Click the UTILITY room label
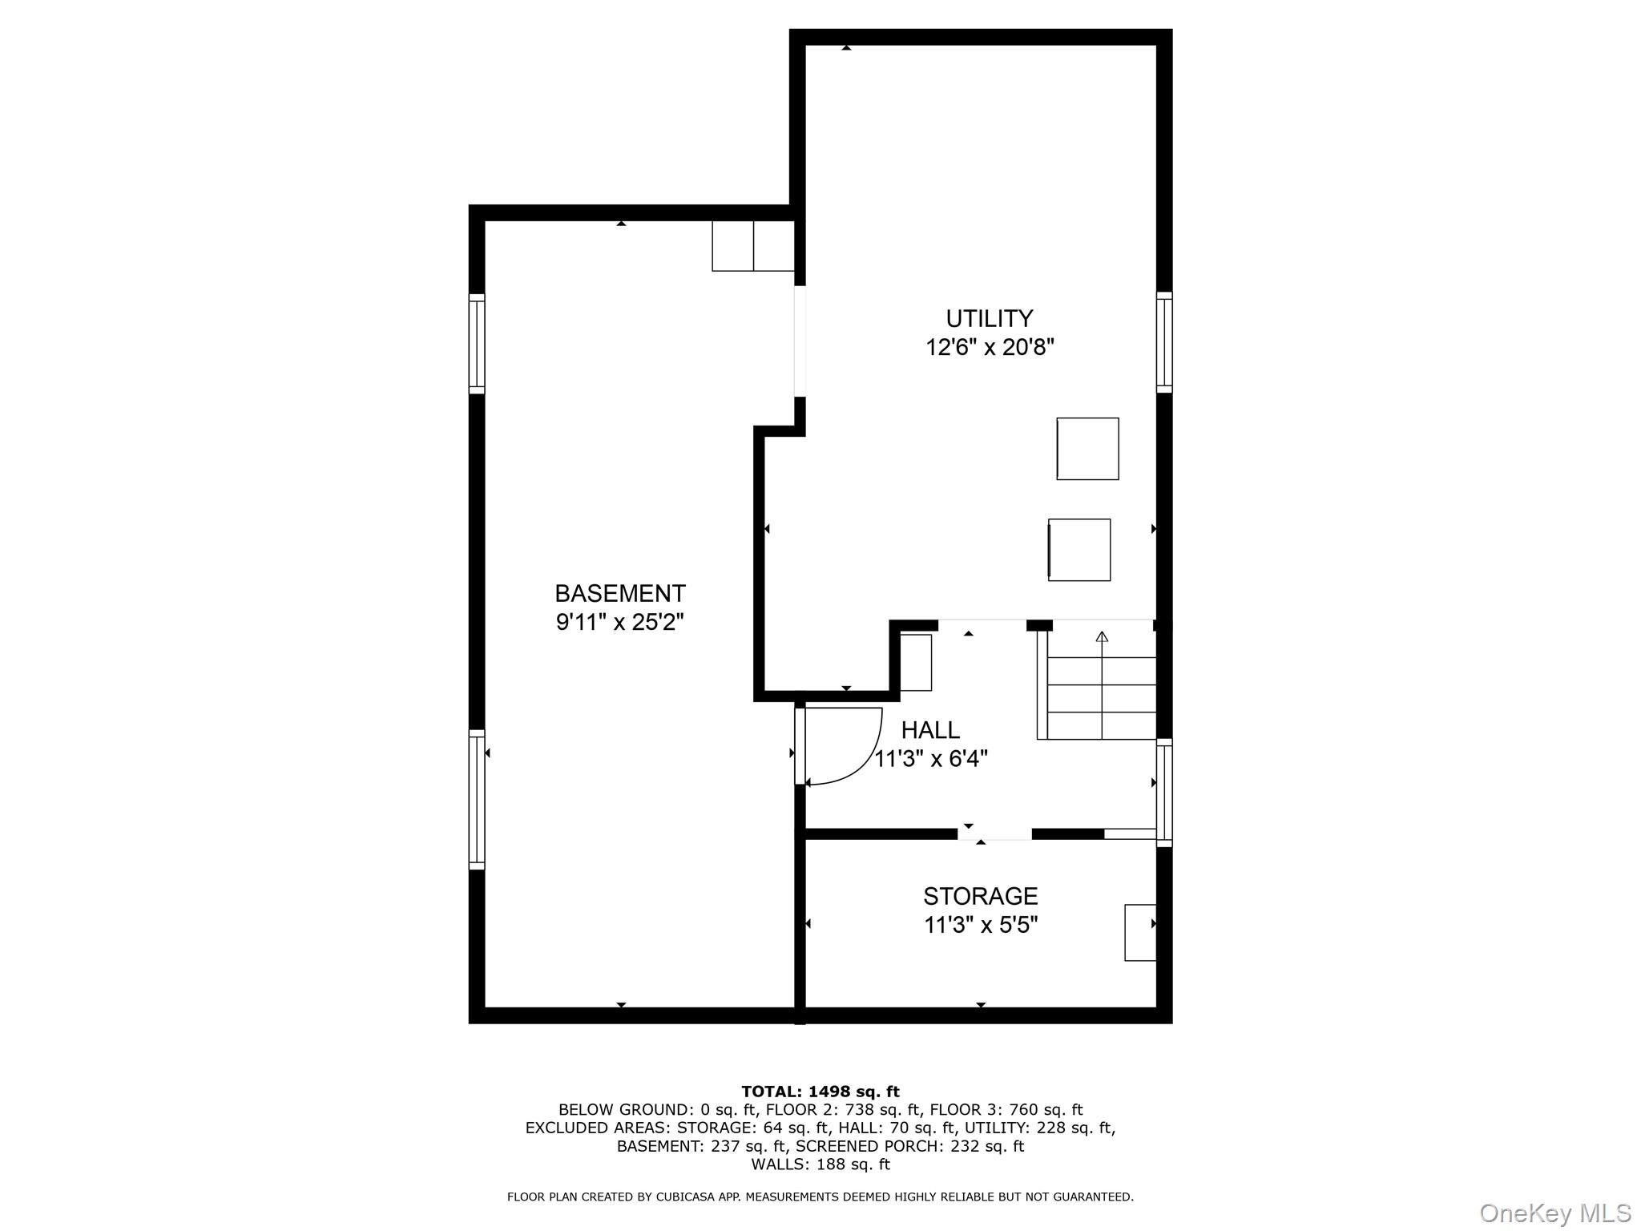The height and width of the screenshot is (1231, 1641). coord(989,318)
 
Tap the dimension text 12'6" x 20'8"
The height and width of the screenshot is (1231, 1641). coord(989,348)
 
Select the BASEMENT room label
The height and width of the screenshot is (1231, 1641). coord(619,593)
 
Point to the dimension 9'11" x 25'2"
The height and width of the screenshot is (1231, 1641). coord(619,622)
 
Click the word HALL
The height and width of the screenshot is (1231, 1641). coord(930,729)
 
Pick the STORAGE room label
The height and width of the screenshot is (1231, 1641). coord(980,895)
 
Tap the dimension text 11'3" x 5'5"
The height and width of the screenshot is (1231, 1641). coord(980,925)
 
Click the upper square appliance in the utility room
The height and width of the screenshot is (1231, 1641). coord(1087,449)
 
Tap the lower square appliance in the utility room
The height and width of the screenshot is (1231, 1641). coord(1079,550)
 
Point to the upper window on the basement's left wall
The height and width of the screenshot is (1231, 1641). coord(477,344)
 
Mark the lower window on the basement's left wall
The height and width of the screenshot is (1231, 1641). coord(477,799)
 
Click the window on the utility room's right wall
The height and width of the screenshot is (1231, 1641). coord(1164,342)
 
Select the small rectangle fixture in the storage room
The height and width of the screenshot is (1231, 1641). coord(1139,932)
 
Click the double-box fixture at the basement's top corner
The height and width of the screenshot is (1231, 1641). coord(752,246)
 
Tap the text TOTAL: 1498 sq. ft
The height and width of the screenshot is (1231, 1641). coord(820,1092)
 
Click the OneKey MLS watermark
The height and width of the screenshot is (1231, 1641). coord(1554,1213)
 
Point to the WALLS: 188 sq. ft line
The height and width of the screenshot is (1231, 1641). coord(820,1164)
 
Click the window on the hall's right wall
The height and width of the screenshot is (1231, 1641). coord(1164,792)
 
